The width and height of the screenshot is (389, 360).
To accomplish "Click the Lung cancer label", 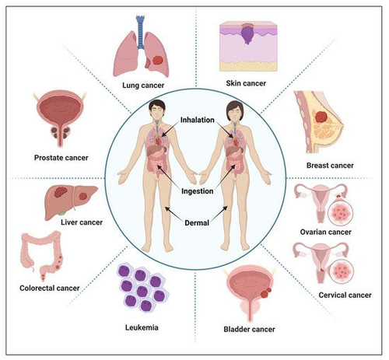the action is (x=143, y=86).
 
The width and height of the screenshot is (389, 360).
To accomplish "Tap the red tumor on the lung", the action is (x=157, y=61).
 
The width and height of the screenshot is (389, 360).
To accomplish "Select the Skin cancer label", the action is (x=246, y=83).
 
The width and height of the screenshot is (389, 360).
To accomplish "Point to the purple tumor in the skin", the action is (x=248, y=34).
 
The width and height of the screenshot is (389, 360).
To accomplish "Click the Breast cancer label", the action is (x=330, y=166).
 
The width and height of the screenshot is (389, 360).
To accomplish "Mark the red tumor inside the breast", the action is (x=321, y=117).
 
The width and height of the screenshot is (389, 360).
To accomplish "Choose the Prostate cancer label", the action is (x=61, y=158).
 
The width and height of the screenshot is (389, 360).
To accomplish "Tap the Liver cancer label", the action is (x=82, y=222).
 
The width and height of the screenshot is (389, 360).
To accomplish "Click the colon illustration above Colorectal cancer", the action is (x=42, y=255).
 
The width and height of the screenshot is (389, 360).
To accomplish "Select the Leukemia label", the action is (x=142, y=327).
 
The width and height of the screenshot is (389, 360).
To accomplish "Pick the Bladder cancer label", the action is (x=249, y=329).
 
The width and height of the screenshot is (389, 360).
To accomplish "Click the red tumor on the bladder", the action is (x=266, y=292).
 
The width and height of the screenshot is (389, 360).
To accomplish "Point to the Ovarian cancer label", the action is (x=326, y=232).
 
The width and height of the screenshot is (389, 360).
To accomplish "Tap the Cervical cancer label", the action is (x=345, y=295).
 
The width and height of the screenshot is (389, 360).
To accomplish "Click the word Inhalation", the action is (x=198, y=120).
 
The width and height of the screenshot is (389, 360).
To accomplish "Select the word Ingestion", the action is (x=198, y=191).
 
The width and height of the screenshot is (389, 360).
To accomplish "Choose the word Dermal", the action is (x=197, y=222).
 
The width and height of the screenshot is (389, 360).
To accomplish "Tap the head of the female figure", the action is (x=235, y=111).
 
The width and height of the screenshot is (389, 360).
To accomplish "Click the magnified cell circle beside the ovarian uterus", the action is (x=341, y=213).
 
